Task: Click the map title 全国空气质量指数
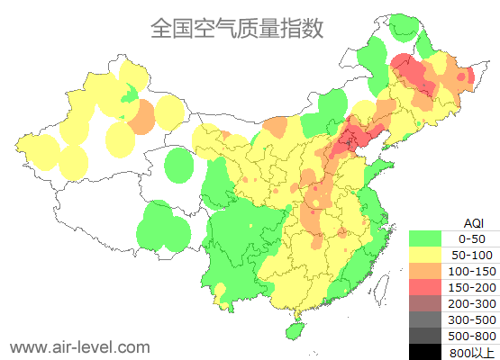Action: coord(237,29)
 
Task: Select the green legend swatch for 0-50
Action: coord(426,238)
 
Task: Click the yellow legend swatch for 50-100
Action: coord(426,255)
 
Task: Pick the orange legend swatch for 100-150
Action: coord(426,271)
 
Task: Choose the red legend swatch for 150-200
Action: coord(426,287)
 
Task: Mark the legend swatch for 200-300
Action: coord(426,303)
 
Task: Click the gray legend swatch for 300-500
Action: coord(426,319)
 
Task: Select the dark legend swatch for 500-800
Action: coord(426,336)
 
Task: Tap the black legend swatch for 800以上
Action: coord(426,351)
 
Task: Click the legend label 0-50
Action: coord(472,238)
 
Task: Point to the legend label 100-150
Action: coord(472,271)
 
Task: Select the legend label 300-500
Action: coord(472,319)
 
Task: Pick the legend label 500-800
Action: coord(472,336)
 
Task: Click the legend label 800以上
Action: coord(472,352)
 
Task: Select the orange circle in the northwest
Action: coord(141,116)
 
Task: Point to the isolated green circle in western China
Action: coord(180,166)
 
